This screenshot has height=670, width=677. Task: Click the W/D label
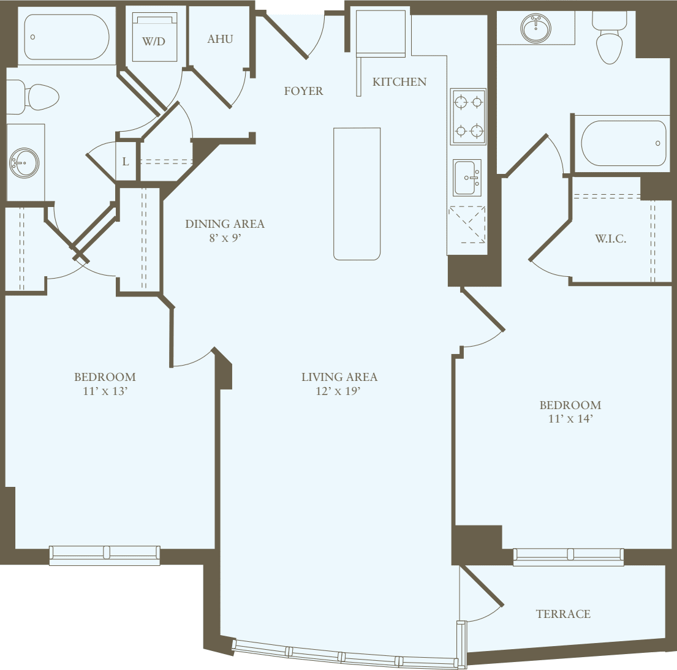(154, 42)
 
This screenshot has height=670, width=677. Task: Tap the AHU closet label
(220, 39)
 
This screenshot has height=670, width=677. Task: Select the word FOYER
(303, 91)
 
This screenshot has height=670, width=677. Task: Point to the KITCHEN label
(399, 82)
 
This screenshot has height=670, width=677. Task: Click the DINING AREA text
(225, 224)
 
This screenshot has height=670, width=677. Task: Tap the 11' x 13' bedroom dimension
(105, 391)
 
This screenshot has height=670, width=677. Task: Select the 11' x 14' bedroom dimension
(570, 420)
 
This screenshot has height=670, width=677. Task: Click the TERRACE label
(563, 614)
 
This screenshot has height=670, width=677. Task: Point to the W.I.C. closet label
(610, 239)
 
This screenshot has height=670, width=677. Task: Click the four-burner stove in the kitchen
(468, 116)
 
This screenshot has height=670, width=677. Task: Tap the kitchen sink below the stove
(467, 178)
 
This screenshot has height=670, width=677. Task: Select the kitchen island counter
(357, 194)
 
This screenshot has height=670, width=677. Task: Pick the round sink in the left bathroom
(24, 163)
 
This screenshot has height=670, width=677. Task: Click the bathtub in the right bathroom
(622, 144)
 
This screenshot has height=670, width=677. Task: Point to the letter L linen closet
(126, 162)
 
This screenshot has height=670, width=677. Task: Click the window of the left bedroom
(105, 554)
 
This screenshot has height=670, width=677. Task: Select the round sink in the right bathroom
(535, 28)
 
